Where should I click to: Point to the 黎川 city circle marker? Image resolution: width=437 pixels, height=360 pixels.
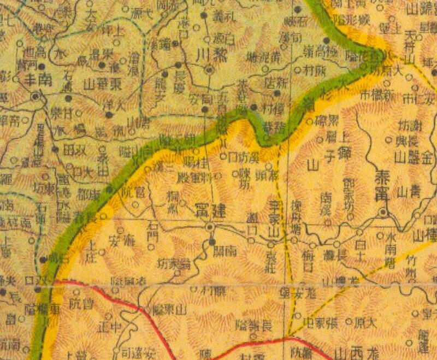209,69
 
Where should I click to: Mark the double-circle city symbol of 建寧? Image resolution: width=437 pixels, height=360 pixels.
209,226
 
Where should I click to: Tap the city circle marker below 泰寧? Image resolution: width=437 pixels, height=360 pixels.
384,212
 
